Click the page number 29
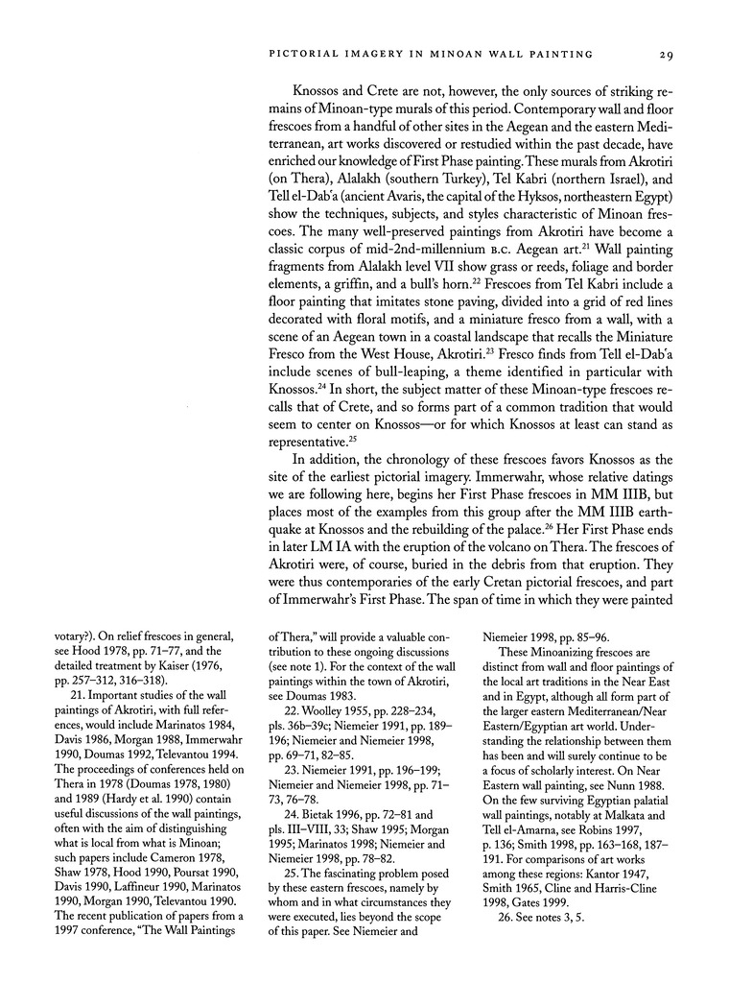pos(668,54)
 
